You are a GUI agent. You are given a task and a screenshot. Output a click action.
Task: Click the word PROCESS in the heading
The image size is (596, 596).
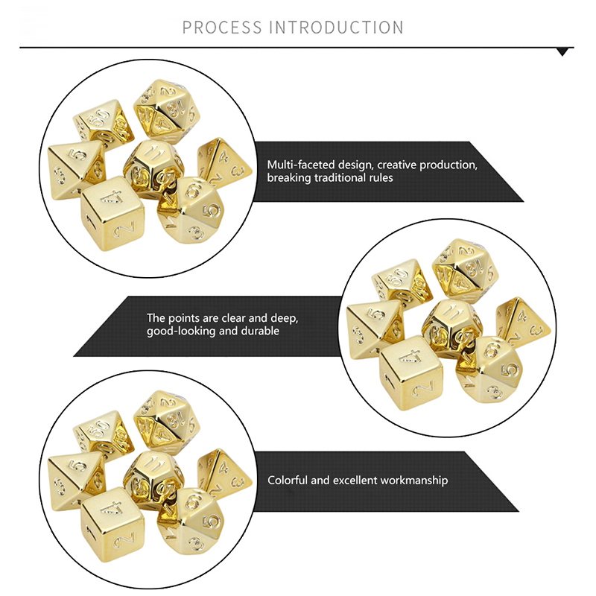(x=222, y=28)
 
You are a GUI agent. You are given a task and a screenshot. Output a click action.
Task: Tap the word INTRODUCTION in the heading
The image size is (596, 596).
(x=337, y=28)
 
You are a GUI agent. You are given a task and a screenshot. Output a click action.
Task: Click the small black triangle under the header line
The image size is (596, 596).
(x=562, y=52)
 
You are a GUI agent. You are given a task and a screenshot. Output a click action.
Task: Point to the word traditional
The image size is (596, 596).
(x=340, y=178)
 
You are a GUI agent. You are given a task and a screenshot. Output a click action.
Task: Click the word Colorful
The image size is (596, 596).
(x=288, y=481)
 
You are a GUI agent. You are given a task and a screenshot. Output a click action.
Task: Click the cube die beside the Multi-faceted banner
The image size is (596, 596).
(x=112, y=214)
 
